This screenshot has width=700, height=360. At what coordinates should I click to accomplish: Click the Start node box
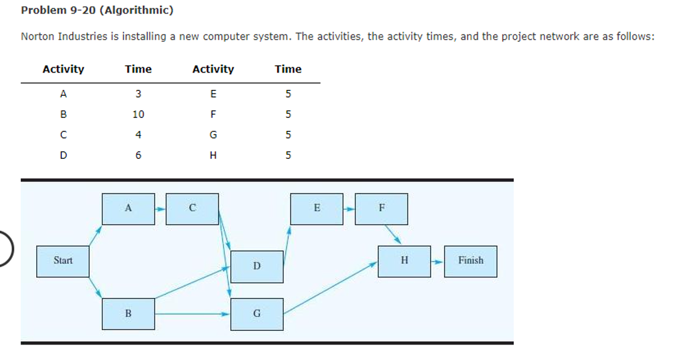pyautogui.click(x=62, y=261)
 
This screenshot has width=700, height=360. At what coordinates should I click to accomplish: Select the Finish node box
pyautogui.click(x=470, y=261)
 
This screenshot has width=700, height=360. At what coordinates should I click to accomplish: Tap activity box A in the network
pyautogui.click(x=128, y=209)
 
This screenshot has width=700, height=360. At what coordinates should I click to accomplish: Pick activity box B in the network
pyautogui.click(x=128, y=314)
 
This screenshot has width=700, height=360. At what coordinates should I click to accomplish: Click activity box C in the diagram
pyautogui.click(x=192, y=209)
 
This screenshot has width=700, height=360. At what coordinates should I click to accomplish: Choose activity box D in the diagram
pyautogui.click(x=256, y=266)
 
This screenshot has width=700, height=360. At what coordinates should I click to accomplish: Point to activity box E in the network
pyautogui.click(x=316, y=209)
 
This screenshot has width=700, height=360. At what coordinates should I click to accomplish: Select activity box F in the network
pyautogui.click(x=381, y=209)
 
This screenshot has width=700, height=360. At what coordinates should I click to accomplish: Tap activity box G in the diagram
pyautogui.click(x=256, y=314)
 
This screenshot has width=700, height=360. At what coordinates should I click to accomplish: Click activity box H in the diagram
pyautogui.click(x=404, y=261)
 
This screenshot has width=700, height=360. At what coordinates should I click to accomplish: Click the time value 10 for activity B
pyautogui.click(x=138, y=114)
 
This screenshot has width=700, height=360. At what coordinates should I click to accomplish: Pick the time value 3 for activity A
pyautogui.click(x=138, y=93)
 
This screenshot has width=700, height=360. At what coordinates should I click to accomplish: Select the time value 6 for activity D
pyautogui.click(x=138, y=155)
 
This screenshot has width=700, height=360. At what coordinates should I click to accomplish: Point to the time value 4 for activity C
pyautogui.click(x=138, y=134)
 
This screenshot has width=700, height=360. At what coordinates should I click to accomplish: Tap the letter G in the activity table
pyautogui.click(x=213, y=134)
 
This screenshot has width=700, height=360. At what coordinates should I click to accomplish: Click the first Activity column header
pyautogui.click(x=63, y=69)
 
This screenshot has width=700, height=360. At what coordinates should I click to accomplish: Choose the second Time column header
pyautogui.click(x=288, y=69)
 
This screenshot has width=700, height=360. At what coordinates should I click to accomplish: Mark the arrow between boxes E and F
pyautogui.click(x=349, y=209)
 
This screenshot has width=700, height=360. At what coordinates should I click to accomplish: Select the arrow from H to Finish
pyautogui.click(x=437, y=262)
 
